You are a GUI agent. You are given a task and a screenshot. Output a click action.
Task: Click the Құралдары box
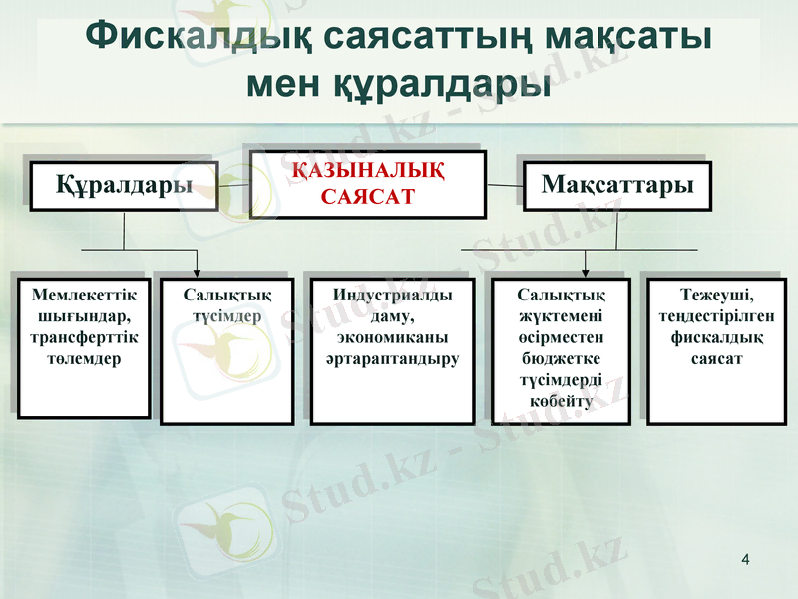pos(124,185)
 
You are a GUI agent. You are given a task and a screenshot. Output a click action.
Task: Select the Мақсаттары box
pos(616,185)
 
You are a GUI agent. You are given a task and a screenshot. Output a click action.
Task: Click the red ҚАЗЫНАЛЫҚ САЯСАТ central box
pos(367,184)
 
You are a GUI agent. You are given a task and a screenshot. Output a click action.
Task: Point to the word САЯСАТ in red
pos(367,197)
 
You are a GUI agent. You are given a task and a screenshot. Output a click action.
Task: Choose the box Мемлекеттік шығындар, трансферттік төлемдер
pos(84,348)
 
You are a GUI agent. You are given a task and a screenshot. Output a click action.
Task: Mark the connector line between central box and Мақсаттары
pos(505,185)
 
